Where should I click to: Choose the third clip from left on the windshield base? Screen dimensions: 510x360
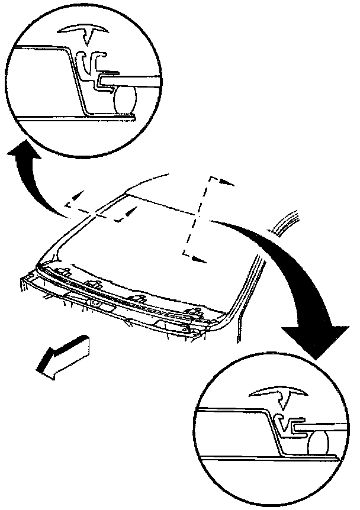pyautogui.click(x=139, y=298)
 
